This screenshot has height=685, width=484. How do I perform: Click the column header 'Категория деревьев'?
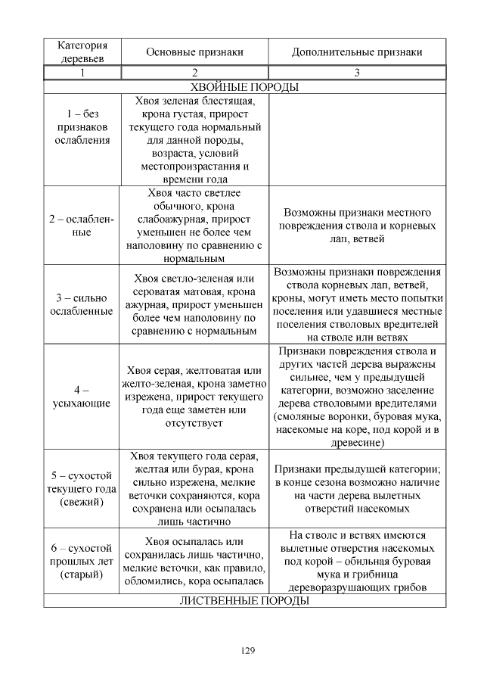coord(82,51)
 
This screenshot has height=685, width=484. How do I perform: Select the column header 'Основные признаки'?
coord(194,52)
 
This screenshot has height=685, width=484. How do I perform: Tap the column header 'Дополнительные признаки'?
coord(357,52)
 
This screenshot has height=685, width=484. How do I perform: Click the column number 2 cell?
coord(194,73)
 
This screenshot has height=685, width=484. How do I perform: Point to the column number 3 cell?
coord(357,73)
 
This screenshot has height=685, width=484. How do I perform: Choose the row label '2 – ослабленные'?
coord(82,226)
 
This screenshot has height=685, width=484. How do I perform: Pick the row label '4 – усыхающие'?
coord(82,397)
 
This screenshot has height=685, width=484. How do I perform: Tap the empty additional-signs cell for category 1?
coord(357,139)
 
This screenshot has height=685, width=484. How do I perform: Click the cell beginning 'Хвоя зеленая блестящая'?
coord(194,139)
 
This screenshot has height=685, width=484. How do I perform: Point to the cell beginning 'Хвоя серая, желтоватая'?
coord(194,397)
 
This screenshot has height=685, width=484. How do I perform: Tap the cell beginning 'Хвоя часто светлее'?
coord(194,226)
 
